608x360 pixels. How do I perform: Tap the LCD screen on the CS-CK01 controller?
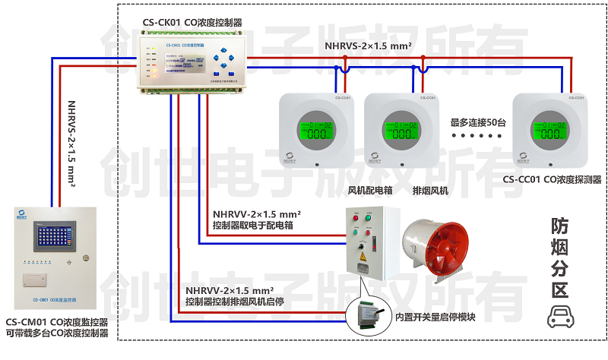click(182, 60)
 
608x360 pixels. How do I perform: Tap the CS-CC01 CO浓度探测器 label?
click(552, 180)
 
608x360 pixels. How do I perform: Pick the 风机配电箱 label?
click(369, 191)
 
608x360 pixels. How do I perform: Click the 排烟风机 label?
click(430, 191)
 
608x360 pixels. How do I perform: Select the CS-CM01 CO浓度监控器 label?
click(57, 323)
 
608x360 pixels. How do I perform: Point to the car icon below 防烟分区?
click(560, 316)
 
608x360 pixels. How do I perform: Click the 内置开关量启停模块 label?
click(435, 317)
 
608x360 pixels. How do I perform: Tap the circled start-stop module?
click(366, 316)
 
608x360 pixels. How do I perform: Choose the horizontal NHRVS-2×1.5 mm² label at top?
click(368, 46)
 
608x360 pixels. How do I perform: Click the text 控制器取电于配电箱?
click(253, 226)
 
